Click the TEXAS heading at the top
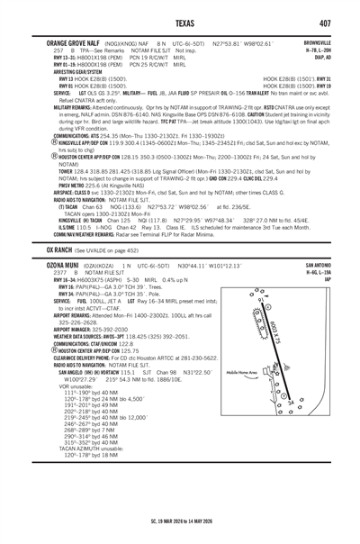tap(179, 21)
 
